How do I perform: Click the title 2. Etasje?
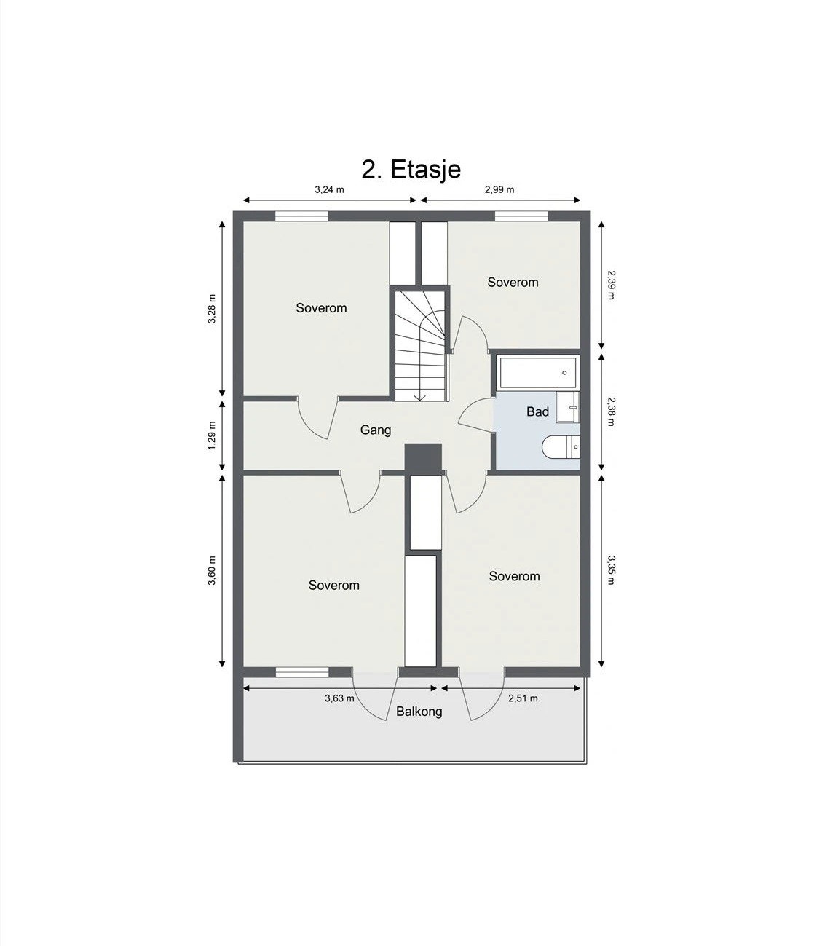tap(411, 169)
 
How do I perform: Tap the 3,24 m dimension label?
tap(329, 189)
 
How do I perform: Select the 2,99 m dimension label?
tap(499, 189)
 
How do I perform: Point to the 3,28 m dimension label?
tap(212, 310)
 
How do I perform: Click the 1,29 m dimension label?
tap(212, 435)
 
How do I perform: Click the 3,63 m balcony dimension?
tap(339, 698)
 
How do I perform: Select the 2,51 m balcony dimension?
tap(523, 698)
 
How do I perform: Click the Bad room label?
tap(537, 412)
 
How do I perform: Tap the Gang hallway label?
tap(376, 430)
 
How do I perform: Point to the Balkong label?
tap(419, 712)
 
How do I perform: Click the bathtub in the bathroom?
tap(538, 373)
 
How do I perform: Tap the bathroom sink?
tap(567, 407)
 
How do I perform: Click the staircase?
tap(420, 344)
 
